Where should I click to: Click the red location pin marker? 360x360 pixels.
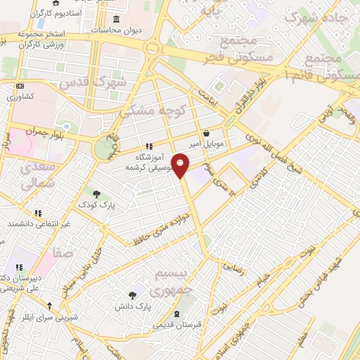coord(181,165)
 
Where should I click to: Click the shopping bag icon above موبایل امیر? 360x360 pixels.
coord(205,133)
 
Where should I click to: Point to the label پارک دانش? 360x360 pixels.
coord(133,307)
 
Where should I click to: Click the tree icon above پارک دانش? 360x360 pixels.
coord(133,295)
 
